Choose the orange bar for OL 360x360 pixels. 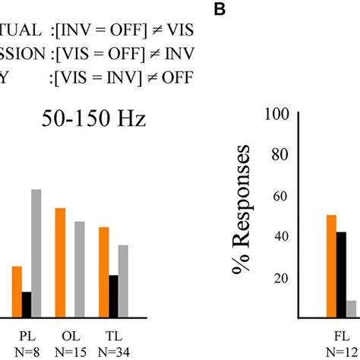click(60, 262)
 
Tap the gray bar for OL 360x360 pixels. click(79, 269)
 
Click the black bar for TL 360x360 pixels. click(113, 295)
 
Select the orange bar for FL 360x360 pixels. click(331, 266)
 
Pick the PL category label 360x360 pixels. click(27, 335)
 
